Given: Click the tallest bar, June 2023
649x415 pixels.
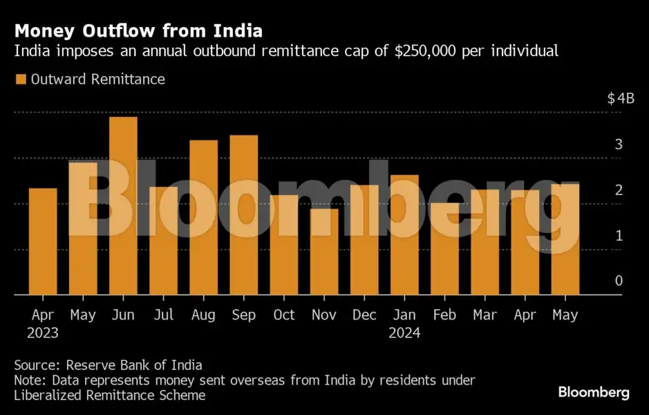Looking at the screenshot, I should point(123,205).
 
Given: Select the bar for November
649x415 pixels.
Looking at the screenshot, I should point(323,251).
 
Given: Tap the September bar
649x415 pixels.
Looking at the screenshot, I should point(243,214).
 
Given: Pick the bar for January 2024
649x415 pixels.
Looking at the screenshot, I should point(404,234).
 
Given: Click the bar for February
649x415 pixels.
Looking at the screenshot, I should point(444,248).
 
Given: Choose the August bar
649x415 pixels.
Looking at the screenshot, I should point(203,217).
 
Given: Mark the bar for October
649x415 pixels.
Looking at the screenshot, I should point(283,244).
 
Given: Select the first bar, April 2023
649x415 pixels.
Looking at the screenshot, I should point(43,241).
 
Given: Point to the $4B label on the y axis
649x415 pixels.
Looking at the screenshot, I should point(620,98).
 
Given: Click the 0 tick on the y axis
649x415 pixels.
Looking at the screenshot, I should point(619,281).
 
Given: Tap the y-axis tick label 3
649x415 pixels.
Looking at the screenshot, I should point(619,145).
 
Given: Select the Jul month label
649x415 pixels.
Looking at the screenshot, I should point(163,315).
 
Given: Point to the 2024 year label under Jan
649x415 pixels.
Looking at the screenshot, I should point(404,333).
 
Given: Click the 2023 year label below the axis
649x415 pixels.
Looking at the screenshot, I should point(43,333).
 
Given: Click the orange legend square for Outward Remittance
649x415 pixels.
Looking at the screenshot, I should point(20,80).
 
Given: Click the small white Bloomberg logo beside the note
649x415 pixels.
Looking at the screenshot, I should point(594,393).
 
